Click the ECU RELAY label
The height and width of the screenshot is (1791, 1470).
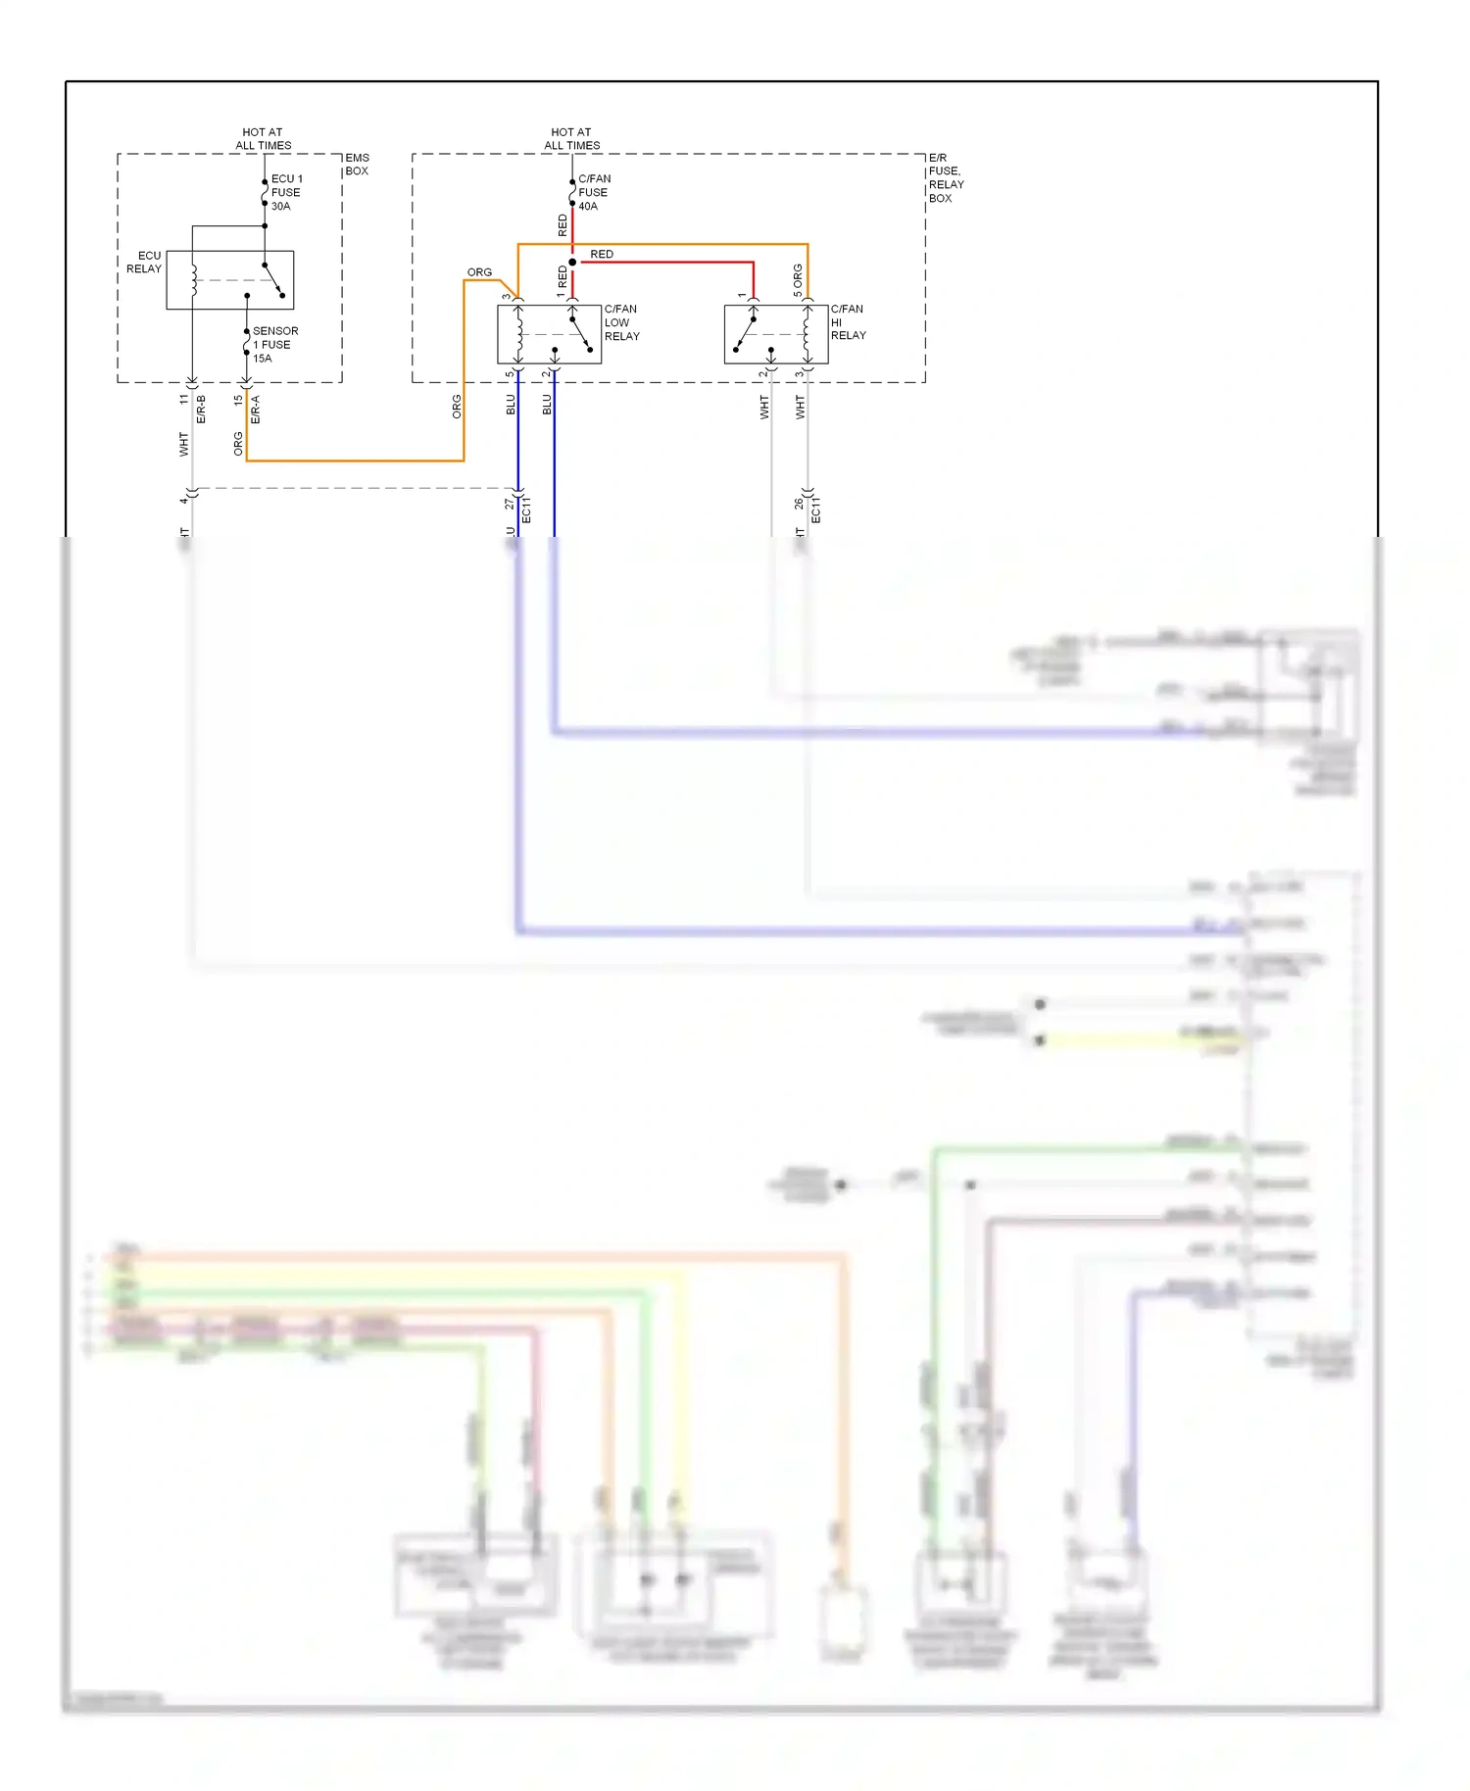coord(144,262)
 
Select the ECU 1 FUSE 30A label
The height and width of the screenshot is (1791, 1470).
coord(286,192)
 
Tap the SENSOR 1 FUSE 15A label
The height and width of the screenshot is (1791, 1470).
coord(274,345)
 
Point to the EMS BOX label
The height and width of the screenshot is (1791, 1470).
coord(357,164)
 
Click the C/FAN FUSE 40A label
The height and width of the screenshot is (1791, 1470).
coord(594,192)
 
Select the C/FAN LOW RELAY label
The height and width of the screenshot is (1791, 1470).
coord(621,322)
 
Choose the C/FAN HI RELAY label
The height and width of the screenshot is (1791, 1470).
coord(848,322)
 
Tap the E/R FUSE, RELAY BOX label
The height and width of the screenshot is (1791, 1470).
coord(946,177)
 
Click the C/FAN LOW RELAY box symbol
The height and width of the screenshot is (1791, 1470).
coord(549,334)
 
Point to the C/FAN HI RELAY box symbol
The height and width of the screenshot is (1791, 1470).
coord(775,334)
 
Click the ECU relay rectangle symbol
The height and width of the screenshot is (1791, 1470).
coord(229,280)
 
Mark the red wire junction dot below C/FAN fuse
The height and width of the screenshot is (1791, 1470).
coord(572,263)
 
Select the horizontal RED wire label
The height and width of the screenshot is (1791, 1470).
coord(602,254)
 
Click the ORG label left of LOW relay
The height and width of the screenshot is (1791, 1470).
coord(479,272)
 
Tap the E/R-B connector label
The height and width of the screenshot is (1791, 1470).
coord(201,410)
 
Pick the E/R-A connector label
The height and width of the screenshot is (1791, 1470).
coord(255,410)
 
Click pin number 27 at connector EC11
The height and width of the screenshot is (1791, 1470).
coord(509,504)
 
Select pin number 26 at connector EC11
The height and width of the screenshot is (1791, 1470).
coord(799,504)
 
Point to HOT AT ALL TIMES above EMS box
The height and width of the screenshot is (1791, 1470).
coord(263,138)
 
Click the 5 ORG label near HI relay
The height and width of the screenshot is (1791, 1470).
coord(798,280)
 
